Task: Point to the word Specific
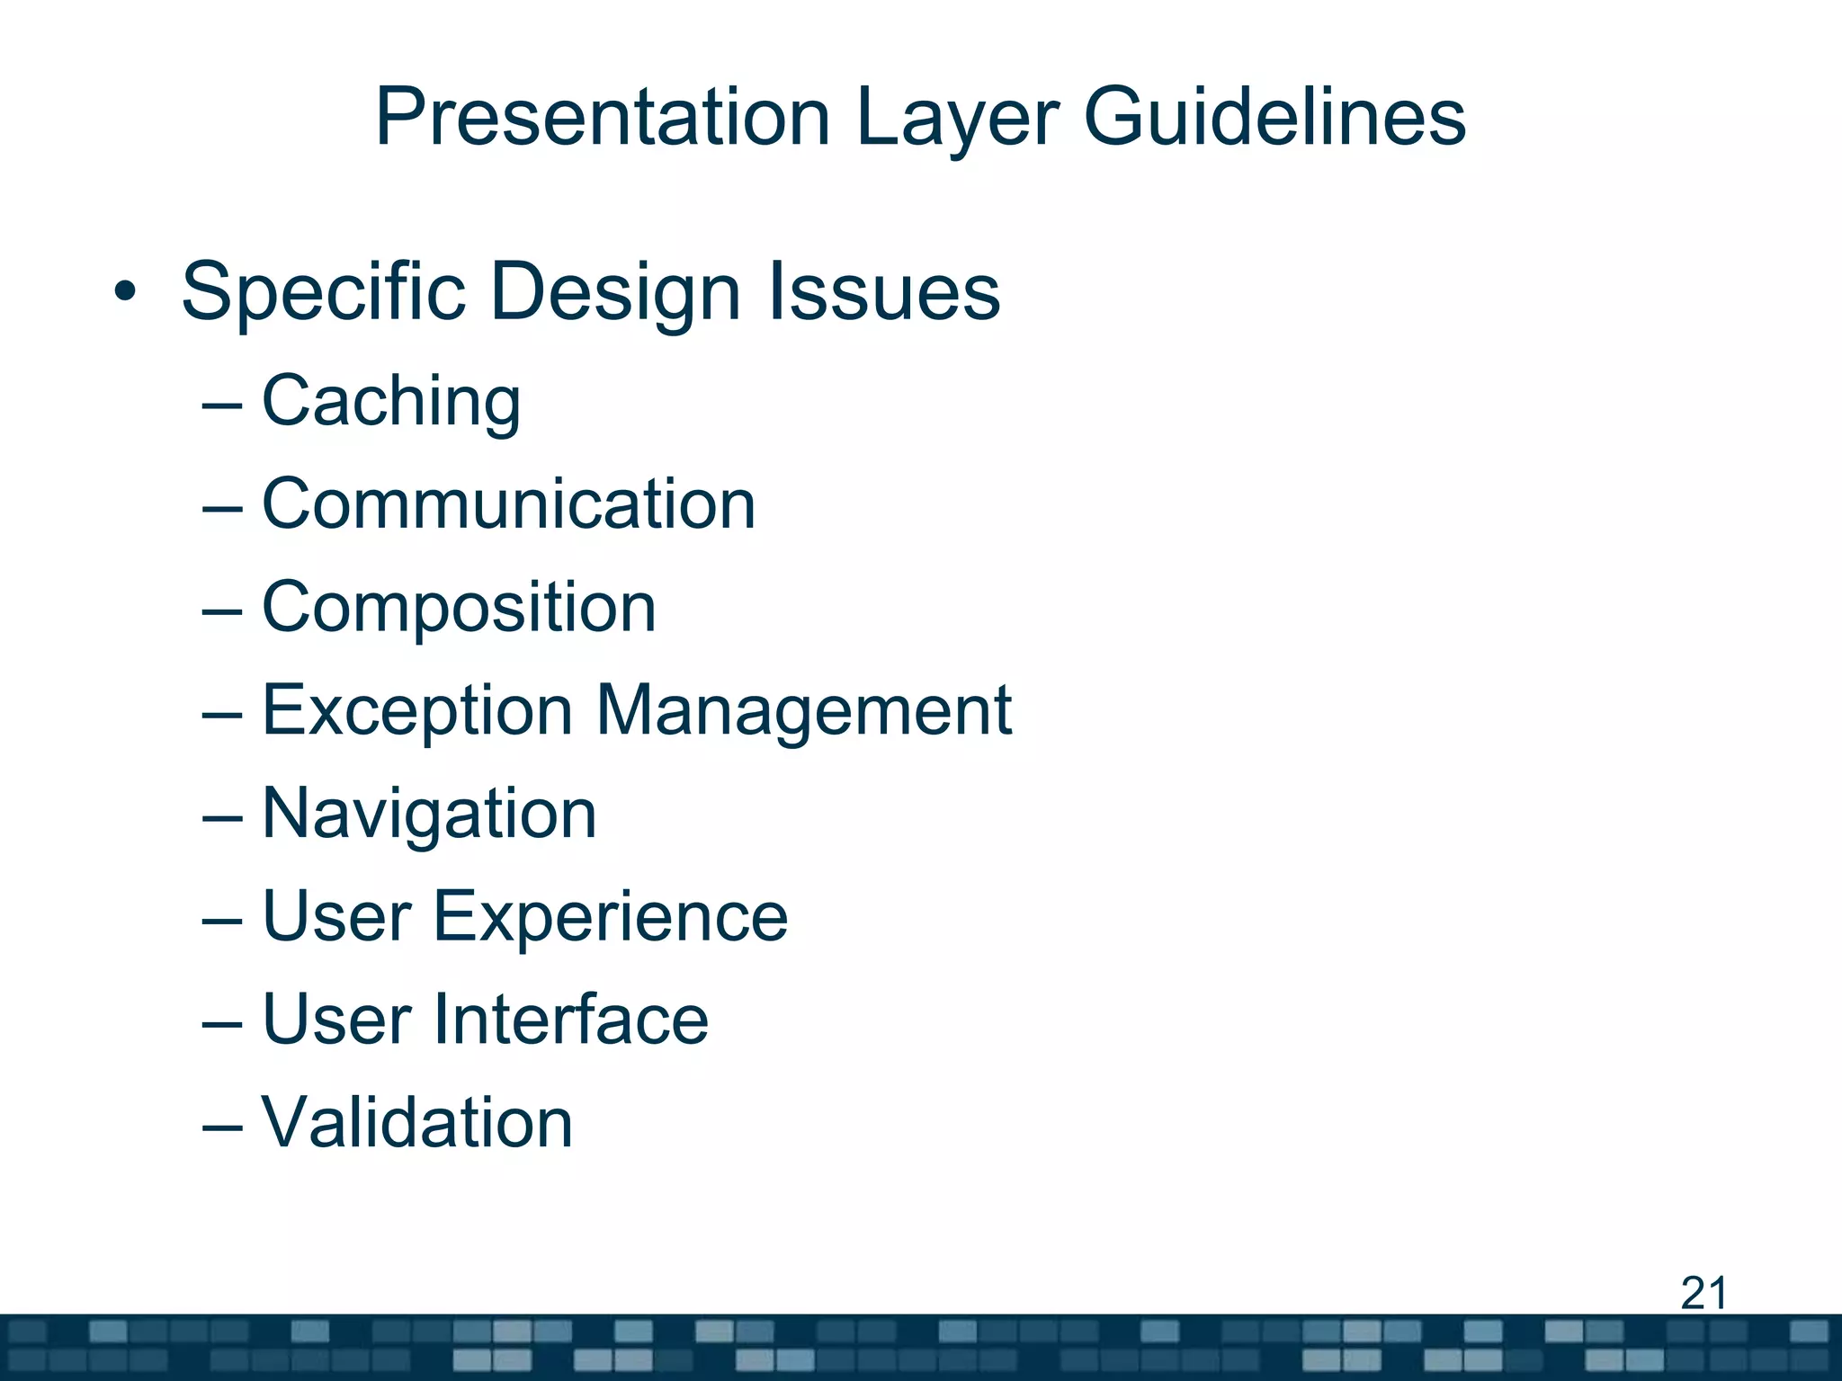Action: click(x=323, y=292)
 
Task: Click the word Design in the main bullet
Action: click(x=615, y=292)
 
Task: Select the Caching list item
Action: click(x=390, y=401)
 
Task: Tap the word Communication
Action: click(x=508, y=504)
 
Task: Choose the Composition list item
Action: click(x=459, y=608)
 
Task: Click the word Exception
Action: click(x=416, y=711)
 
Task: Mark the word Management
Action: click(x=803, y=711)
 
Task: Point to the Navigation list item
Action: click(x=429, y=814)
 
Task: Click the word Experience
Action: click(x=611, y=917)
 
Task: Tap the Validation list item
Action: click(x=416, y=1123)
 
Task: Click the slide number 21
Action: click(x=1703, y=1294)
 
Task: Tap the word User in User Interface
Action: click(x=336, y=1020)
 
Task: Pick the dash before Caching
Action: click(x=222, y=405)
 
